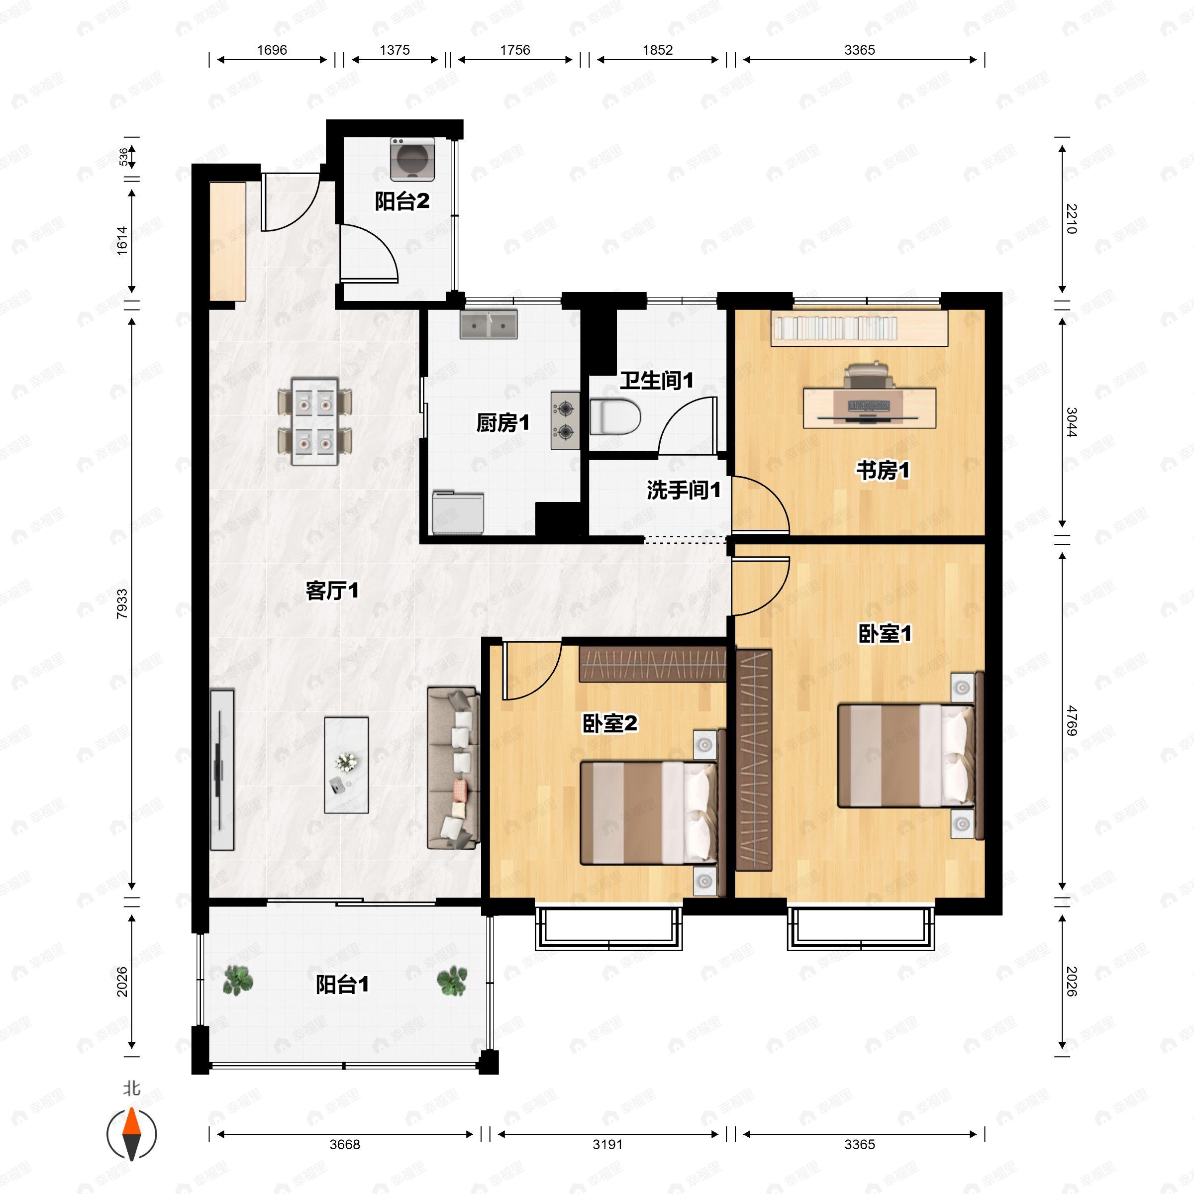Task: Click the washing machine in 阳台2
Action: (x=412, y=159)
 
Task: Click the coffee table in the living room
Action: (x=346, y=765)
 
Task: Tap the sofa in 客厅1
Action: (x=453, y=767)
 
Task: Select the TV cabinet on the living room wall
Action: (x=221, y=770)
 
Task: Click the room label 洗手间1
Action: (x=684, y=491)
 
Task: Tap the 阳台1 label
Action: (x=342, y=985)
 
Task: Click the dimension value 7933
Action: (x=122, y=604)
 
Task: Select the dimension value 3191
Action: (x=607, y=1145)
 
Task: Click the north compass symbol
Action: (x=132, y=1134)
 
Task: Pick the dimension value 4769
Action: (x=1072, y=720)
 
